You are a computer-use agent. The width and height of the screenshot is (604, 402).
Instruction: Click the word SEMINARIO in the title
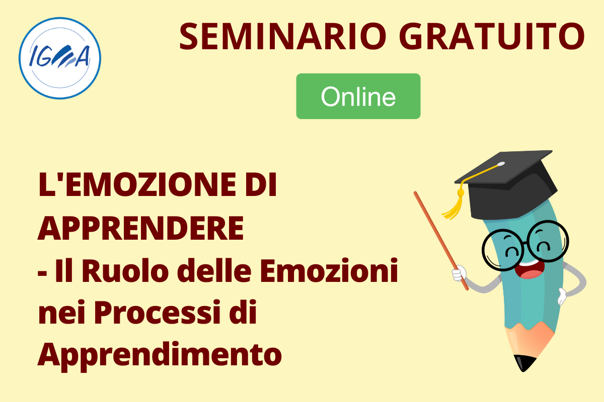click(283, 36)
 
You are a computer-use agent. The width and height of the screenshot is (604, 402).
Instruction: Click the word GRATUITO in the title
click(492, 36)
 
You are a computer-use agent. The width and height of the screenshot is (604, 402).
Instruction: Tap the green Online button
click(358, 96)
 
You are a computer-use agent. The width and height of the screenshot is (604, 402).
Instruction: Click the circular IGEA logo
click(60, 58)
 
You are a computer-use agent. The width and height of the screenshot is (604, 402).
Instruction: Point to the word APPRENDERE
click(141, 228)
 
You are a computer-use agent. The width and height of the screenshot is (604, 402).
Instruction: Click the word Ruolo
click(123, 271)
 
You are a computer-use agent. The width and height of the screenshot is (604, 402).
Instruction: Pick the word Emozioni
click(329, 271)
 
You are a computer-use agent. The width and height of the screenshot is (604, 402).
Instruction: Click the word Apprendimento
click(160, 356)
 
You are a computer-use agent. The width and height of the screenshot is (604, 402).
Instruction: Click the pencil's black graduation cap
click(505, 184)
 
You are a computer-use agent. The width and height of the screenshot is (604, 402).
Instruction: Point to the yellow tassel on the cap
click(454, 204)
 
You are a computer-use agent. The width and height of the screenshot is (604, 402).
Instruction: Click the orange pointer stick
click(441, 241)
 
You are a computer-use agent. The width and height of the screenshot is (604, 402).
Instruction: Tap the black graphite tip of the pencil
click(523, 363)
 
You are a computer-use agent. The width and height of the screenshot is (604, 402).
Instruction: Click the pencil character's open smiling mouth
click(529, 270)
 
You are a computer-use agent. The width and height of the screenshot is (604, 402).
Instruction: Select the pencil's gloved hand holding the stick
click(459, 273)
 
